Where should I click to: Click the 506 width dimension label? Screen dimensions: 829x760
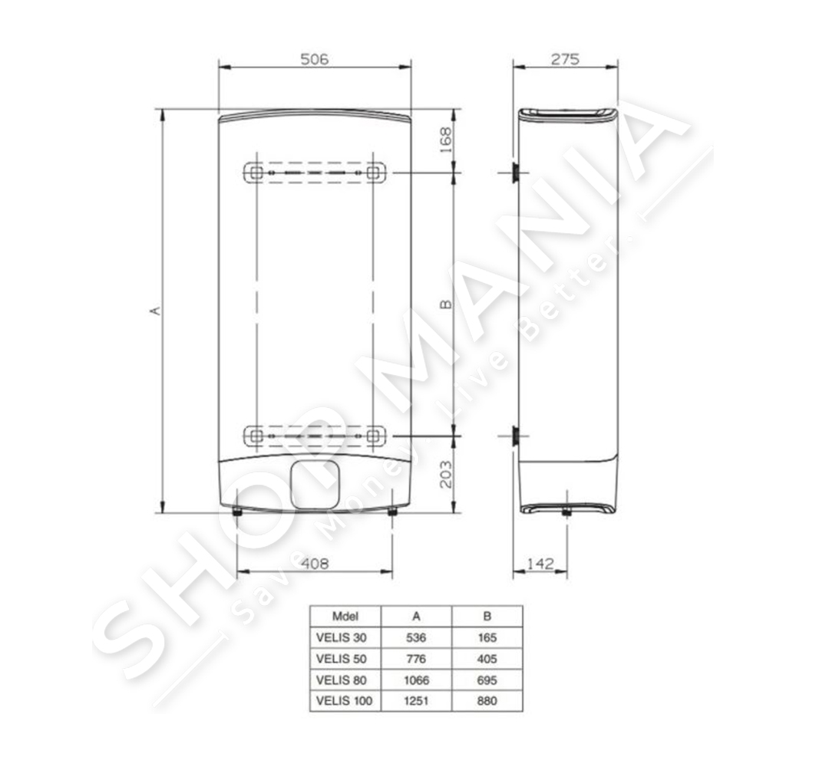pyautogui.click(x=315, y=58)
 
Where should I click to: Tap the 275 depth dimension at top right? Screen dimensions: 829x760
pyautogui.click(x=565, y=58)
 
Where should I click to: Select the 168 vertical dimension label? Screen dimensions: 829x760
pyautogui.click(x=446, y=140)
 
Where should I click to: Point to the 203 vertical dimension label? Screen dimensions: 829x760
pyautogui.click(x=446, y=474)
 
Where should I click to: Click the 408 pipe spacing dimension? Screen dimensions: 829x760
pyautogui.click(x=315, y=564)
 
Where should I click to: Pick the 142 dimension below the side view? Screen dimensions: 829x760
pyautogui.click(x=540, y=564)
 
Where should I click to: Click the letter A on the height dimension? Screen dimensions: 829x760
pyautogui.click(x=155, y=311)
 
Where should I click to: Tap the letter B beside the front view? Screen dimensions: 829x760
pyautogui.click(x=446, y=304)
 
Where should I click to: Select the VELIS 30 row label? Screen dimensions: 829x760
pyautogui.click(x=341, y=637)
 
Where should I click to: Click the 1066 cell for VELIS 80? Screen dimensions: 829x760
pyautogui.click(x=416, y=679)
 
